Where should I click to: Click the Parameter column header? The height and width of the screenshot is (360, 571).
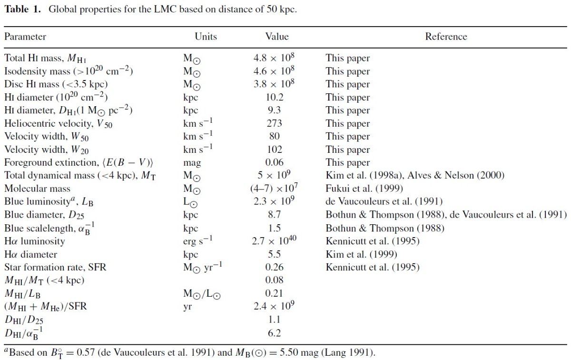coord(25,37)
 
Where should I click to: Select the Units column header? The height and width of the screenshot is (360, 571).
coord(206,37)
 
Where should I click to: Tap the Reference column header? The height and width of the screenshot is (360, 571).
coord(446,37)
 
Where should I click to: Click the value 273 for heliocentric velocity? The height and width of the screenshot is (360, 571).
coord(274,123)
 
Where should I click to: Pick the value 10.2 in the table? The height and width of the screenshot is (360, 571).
coord(274,97)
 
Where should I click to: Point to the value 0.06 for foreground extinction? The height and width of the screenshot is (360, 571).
coord(274,162)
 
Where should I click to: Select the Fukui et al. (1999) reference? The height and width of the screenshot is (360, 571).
coord(364,189)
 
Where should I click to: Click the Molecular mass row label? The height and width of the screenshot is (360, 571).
coord(37,189)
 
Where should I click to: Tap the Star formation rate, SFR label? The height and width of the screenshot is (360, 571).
coord(55,267)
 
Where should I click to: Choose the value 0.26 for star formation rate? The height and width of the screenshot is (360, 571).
coord(274,267)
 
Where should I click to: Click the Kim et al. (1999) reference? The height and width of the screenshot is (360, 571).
coord(361,254)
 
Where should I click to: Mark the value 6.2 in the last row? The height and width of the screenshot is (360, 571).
coord(274,333)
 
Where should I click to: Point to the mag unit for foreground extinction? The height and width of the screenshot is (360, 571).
coord(192,163)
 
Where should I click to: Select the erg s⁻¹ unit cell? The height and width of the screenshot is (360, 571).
coord(197,240)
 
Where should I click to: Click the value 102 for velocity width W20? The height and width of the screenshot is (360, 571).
coord(274,150)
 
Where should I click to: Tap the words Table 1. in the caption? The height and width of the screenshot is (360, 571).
coord(22,9)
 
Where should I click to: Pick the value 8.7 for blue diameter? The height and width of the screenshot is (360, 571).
coord(274,215)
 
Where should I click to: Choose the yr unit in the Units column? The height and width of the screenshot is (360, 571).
coord(187,307)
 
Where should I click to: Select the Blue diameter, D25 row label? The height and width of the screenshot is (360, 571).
coord(44,215)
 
